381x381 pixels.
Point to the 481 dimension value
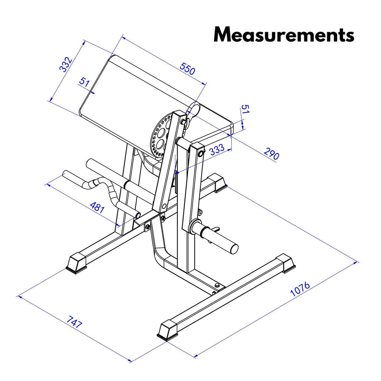tap(97, 208)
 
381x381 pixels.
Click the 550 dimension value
tap(187, 69)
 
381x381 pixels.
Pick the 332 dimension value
tap(65, 65)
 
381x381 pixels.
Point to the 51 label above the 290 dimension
tap(245, 109)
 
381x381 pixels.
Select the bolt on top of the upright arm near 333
tap(201, 154)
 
